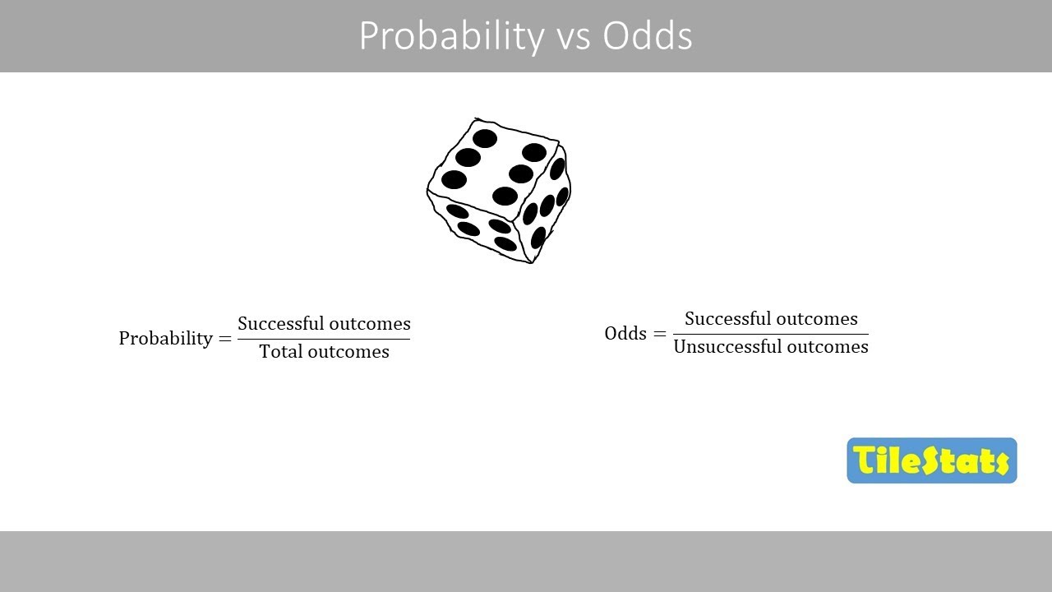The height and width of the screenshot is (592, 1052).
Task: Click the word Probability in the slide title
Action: coord(451,37)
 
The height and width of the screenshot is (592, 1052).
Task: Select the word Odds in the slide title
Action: coord(648,37)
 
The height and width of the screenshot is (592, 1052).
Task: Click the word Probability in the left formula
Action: coord(165,338)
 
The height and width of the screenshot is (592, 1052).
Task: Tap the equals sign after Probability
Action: coord(225,339)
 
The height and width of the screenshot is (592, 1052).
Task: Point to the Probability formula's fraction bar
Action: coord(324,339)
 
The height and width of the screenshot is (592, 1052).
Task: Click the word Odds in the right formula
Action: coord(625,333)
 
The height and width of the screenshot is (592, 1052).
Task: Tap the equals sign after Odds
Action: coord(659,334)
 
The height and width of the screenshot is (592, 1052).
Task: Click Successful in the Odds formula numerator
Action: coord(724,318)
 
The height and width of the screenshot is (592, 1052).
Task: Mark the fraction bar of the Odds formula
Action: coord(770,334)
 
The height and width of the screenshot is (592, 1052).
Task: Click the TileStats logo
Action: coord(931,460)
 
